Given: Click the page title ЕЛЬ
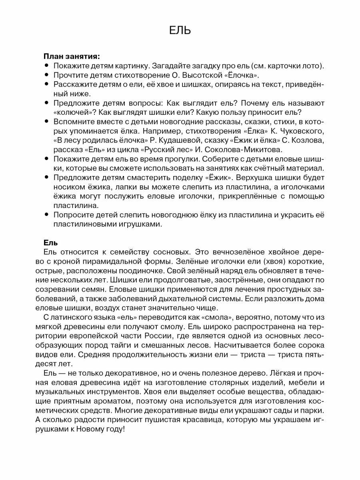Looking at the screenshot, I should click(x=180, y=31).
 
